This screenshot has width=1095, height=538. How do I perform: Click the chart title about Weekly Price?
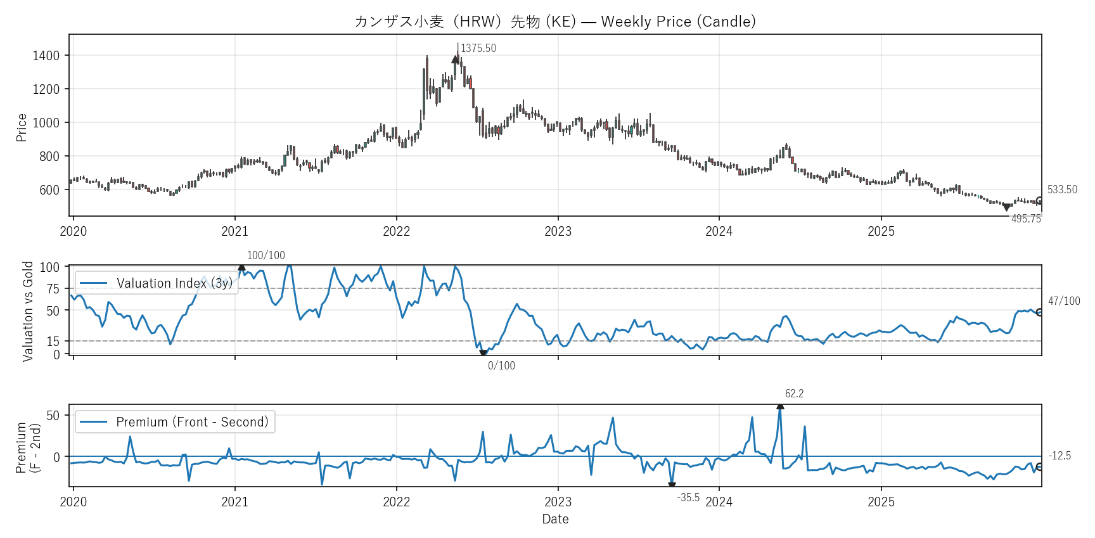click(555, 22)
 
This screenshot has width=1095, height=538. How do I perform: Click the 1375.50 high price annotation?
click(478, 48)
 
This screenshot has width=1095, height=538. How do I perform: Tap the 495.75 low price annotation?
click(1026, 219)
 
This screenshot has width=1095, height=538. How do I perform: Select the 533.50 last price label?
click(1062, 189)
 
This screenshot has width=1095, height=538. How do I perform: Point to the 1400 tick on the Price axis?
click(46, 56)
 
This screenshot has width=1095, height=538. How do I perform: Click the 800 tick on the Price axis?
click(49, 157)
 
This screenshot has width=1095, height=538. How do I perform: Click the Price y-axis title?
click(22, 127)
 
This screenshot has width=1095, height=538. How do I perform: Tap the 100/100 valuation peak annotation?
click(266, 255)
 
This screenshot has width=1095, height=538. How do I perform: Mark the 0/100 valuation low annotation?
click(501, 366)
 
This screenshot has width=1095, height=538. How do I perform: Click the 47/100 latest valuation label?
click(1064, 301)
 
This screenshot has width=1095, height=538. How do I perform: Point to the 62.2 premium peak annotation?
click(794, 394)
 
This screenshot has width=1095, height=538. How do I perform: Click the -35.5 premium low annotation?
click(688, 497)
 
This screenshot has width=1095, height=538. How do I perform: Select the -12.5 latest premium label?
click(1060, 456)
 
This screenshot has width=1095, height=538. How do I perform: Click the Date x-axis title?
click(555, 519)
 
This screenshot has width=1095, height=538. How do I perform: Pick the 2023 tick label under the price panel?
click(558, 231)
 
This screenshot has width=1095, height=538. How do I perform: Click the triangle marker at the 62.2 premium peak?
click(780, 406)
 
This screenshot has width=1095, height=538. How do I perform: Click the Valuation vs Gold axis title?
click(28, 311)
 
